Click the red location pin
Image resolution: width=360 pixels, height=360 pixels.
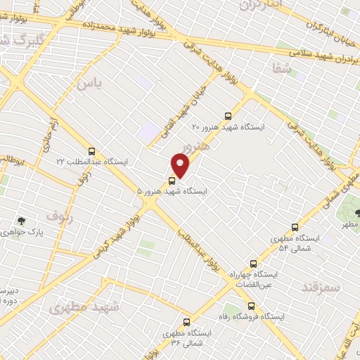(181, 165)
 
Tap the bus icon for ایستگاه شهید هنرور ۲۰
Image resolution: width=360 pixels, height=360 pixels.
(227, 116)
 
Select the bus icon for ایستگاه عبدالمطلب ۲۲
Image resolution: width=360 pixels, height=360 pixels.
(91, 151)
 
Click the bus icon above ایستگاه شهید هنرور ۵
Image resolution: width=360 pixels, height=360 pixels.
(173, 180)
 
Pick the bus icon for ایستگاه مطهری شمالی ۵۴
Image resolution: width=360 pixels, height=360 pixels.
(295, 227)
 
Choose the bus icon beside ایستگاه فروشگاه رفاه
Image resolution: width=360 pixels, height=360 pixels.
(251, 305)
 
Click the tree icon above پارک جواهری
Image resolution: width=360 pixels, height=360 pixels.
(22, 221)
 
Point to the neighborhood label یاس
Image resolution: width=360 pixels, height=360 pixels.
(90, 84)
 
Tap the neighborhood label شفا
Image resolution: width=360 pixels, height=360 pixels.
(281, 67)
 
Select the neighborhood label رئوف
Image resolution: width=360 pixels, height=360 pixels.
(60, 214)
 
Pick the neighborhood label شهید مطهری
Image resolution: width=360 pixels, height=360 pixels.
(84, 307)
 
